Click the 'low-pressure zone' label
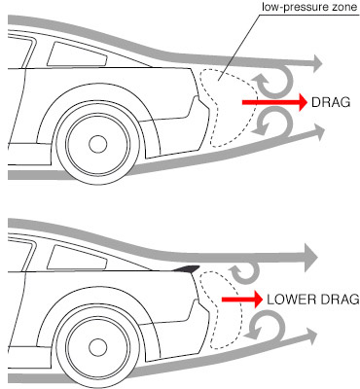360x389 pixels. pyautogui.click(x=309, y=7)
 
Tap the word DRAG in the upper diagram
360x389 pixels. pyautogui.click(x=331, y=102)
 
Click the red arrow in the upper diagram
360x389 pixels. pyautogui.click(x=274, y=102)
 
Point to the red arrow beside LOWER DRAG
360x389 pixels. pyautogui.click(x=242, y=299)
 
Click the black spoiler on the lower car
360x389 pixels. pyautogui.click(x=187, y=268)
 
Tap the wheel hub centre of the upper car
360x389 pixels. pyautogui.click(x=98, y=144)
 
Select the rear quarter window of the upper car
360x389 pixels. pyautogui.click(x=77, y=54)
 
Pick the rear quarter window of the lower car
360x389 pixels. pyautogui.click(x=77, y=257)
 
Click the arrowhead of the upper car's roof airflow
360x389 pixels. pyautogui.click(x=315, y=62)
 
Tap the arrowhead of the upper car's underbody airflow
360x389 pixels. pyautogui.click(x=318, y=132)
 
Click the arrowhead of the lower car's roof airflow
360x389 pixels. pyautogui.click(x=310, y=258)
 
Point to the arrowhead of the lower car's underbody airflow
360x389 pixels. pyautogui.click(x=310, y=336)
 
